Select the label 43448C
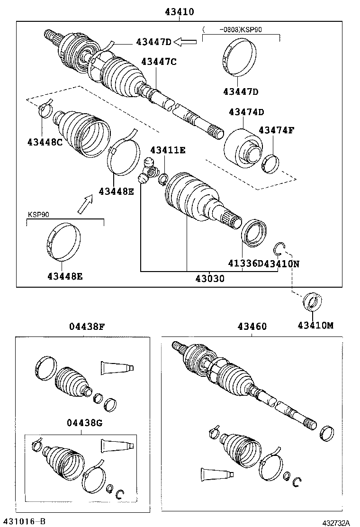[x=45, y=141]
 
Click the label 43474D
[x=246, y=112]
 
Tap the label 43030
[x=209, y=279]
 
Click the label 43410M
[x=315, y=325]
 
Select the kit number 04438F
[x=87, y=326]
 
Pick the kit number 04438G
[x=84, y=423]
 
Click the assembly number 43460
[x=252, y=327]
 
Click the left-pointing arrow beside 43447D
[x=185, y=42]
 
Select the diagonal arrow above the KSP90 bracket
[x=85, y=205]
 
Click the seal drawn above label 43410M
[x=311, y=301]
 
